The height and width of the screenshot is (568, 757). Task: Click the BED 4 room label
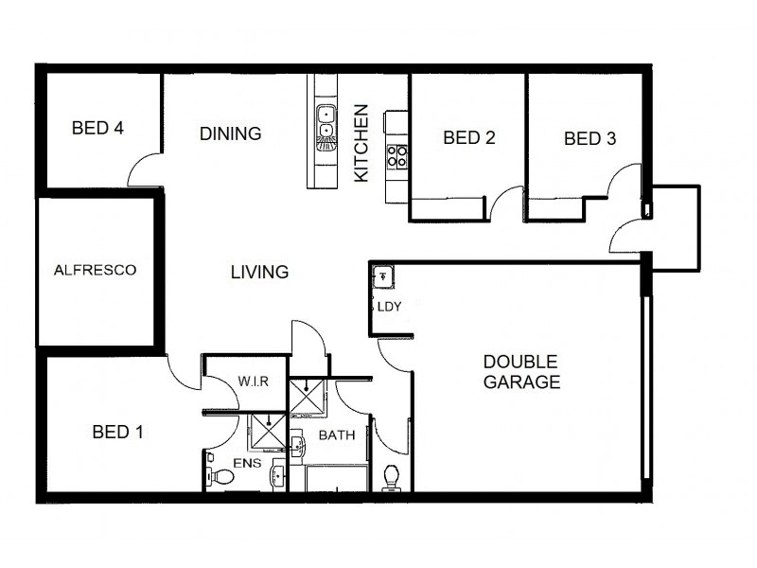98,128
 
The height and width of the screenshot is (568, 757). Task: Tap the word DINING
230,133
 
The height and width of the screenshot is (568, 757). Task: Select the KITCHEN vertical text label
361,144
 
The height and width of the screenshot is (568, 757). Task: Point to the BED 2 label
469,138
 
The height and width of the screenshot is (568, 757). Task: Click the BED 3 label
590,139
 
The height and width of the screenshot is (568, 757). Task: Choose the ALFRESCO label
95,270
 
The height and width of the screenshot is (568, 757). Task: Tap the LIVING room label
259,273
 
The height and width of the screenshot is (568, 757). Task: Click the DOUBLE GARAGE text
521,372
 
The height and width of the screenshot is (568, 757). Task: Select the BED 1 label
117,433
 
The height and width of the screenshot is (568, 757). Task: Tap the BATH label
336,436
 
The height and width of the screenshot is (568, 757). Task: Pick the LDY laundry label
389,307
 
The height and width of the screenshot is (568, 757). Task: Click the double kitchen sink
326,122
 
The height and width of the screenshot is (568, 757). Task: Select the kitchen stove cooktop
396,155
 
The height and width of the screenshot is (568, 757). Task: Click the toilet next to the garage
391,477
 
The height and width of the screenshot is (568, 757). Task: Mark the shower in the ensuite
266,433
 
